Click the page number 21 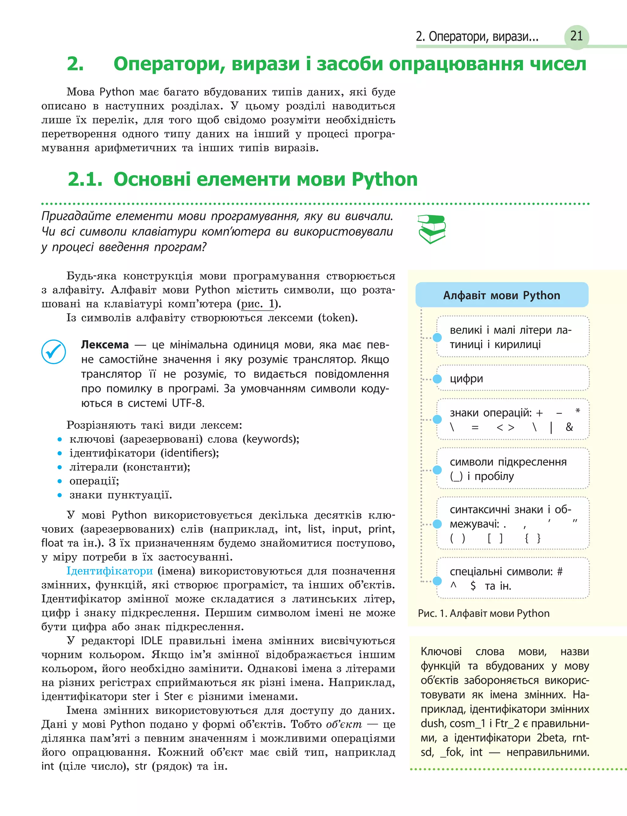576,36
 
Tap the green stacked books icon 432,229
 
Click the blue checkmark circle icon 54,351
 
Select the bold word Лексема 105,345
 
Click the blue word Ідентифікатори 109,571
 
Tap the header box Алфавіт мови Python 501,295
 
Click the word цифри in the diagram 466,379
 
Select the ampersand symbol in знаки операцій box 569,427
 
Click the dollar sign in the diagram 473,586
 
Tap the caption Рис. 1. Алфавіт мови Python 484,613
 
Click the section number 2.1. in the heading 85,179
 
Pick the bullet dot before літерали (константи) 60,467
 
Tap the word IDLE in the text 152,641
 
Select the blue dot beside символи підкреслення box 437,470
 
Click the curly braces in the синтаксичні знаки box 533,538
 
